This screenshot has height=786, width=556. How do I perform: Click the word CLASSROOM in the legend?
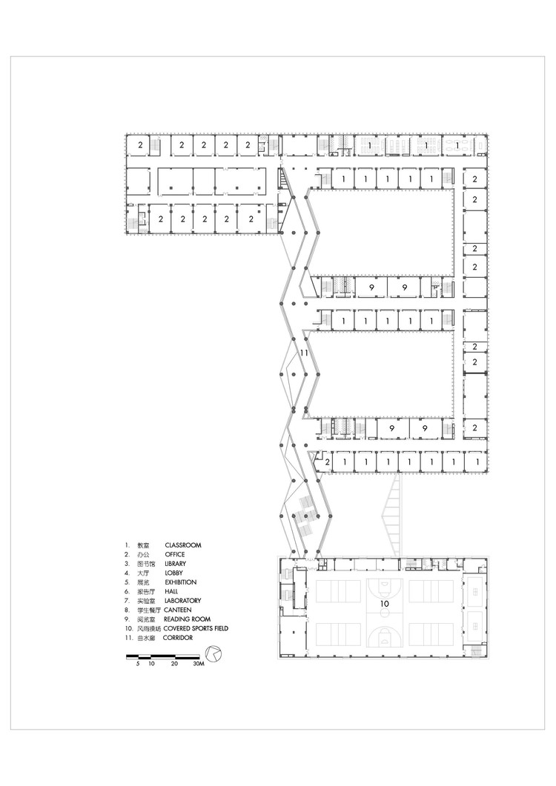point(182,545)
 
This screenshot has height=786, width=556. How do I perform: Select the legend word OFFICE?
point(175,554)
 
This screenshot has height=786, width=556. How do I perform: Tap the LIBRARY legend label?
point(176,564)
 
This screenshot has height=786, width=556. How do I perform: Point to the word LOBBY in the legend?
point(174,573)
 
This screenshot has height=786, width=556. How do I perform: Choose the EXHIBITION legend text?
point(180,582)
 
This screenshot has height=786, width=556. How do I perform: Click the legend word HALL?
point(171,591)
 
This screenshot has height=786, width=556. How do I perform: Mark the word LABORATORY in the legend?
point(184,601)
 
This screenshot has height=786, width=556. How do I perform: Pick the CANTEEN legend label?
point(179,610)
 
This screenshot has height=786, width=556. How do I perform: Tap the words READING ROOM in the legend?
point(188,619)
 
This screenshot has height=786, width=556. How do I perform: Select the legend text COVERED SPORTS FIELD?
point(196,628)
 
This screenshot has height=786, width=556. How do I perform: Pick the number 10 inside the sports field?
point(385,604)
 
